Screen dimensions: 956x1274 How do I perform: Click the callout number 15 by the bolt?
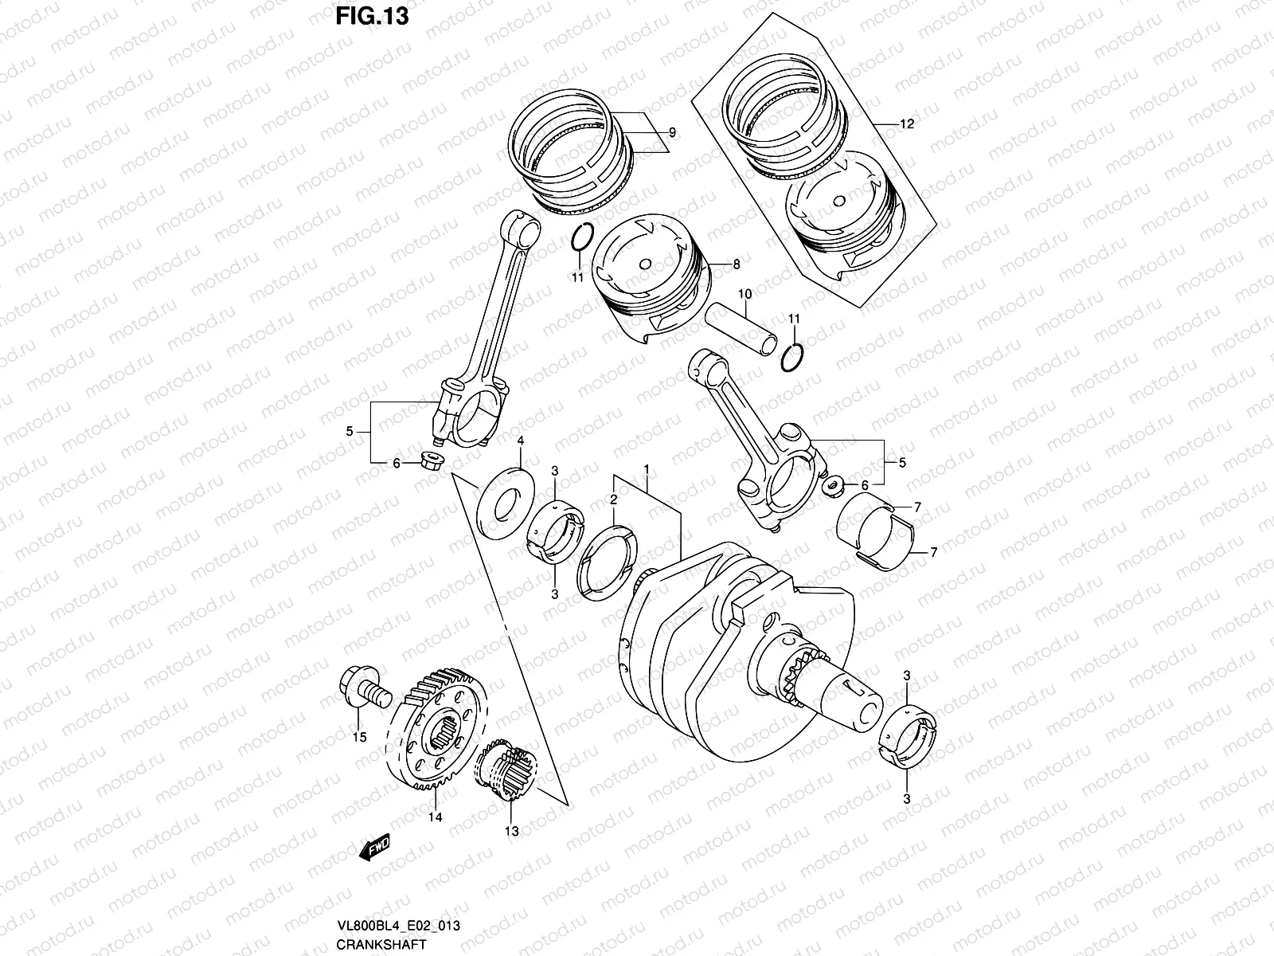point(359,737)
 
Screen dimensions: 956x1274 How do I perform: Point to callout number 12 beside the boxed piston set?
point(906,124)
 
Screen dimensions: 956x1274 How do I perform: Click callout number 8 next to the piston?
point(736,263)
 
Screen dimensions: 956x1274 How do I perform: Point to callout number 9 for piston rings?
point(671,133)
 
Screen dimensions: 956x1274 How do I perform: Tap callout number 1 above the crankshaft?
point(647,468)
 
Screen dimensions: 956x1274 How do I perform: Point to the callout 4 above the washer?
point(520,441)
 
